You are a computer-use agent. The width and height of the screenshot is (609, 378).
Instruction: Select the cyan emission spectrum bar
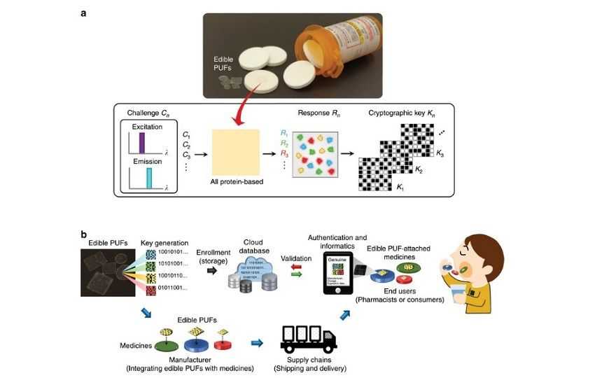(x=148, y=178)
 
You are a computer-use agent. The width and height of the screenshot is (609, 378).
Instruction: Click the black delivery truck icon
(x=308, y=339)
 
